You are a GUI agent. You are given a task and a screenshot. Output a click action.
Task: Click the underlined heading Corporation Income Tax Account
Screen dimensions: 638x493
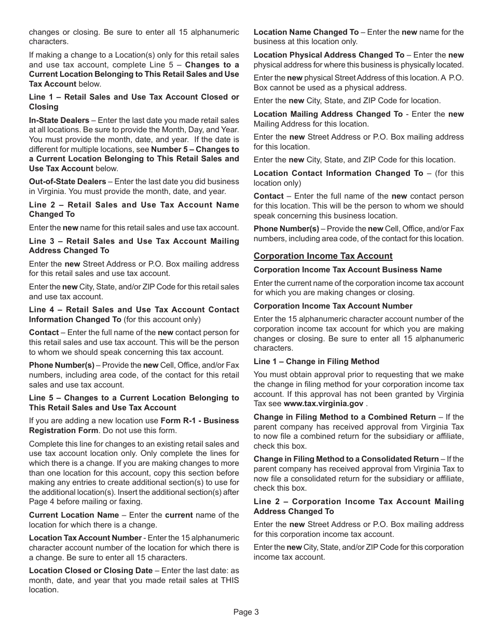point(323,256)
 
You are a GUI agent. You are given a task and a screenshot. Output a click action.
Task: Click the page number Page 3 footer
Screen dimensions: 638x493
point(246,612)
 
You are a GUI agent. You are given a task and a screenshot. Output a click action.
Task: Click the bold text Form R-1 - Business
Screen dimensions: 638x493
point(200,421)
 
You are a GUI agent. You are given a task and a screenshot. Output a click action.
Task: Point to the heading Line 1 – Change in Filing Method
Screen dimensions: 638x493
point(316,362)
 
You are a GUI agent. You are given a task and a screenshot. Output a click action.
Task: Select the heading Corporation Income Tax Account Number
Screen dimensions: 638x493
point(333,306)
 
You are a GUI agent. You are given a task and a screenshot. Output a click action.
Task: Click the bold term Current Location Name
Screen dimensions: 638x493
point(74,515)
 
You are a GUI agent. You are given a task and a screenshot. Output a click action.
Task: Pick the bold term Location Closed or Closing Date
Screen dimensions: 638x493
point(91,571)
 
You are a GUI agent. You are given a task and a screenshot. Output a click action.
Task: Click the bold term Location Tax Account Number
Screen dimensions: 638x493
point(85,538)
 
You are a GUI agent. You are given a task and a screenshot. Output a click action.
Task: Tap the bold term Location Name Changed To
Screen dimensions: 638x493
point(306,32)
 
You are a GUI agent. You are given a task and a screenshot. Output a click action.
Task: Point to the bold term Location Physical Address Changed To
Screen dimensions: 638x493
point(328,55)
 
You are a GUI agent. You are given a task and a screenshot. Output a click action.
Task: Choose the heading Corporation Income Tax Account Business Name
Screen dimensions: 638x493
point(347,270)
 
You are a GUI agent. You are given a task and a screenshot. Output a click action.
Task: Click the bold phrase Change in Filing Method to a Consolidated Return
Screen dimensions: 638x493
point(346,459)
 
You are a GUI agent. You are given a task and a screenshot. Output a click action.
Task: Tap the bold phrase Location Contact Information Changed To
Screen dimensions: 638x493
point(338,173)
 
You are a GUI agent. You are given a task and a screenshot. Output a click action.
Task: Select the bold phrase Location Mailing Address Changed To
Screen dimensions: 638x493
point(327,114)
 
